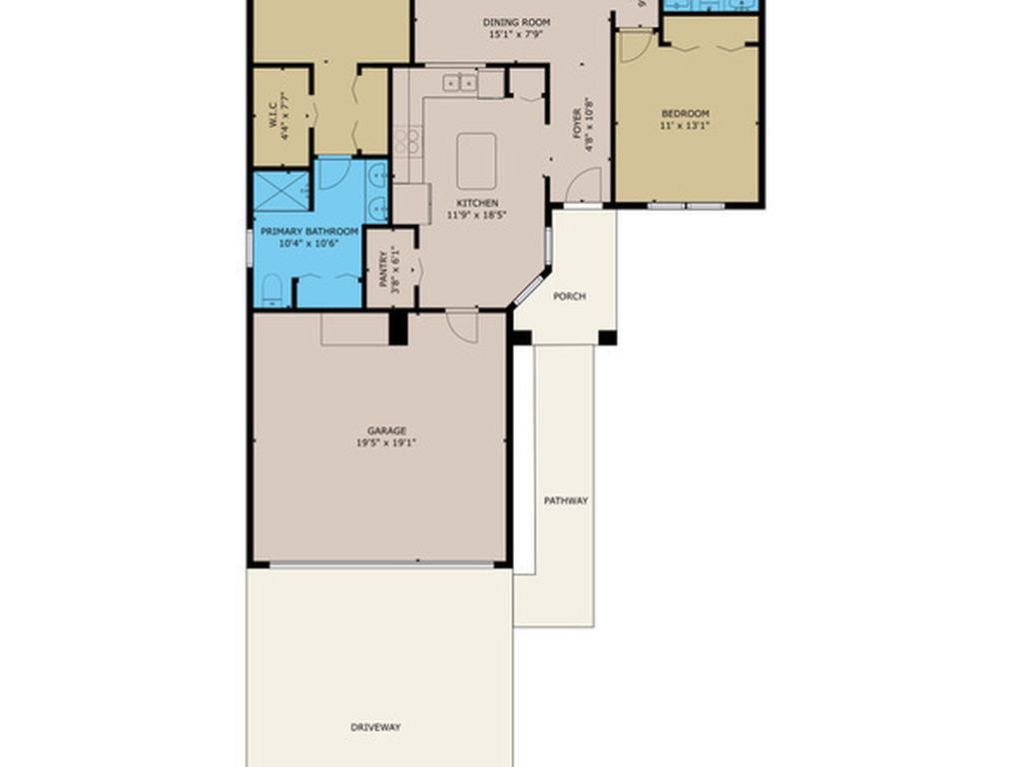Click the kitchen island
pyautogui.click(x=476, y=161)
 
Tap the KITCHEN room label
pyautogui.click(x=477, y=203)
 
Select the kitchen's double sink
pyautogui.click(x=460, y=83)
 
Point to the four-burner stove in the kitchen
pyautogui.click(x=406, y=142)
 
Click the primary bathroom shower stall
pyautogui.click(x=280, y=191)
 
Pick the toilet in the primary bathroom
pyautogui.click(x=271, y=292)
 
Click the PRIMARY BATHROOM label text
pyautogui.click(x=308, y=231)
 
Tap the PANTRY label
pyautogui.click(x=383, y=269)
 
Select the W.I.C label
pyautogui.click(x=271, y=117)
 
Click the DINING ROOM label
pyautogui.click(x=517, y=22)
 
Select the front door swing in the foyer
pyautogui.click(x=585, y=188)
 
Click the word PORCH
pyautogui.click(x=569, y=297)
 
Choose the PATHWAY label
pyautogui.click(x=565, y=500)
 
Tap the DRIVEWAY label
pyautogui.click(x=375, y=727)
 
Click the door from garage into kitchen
pyautogui.click(x=461, y=325)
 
